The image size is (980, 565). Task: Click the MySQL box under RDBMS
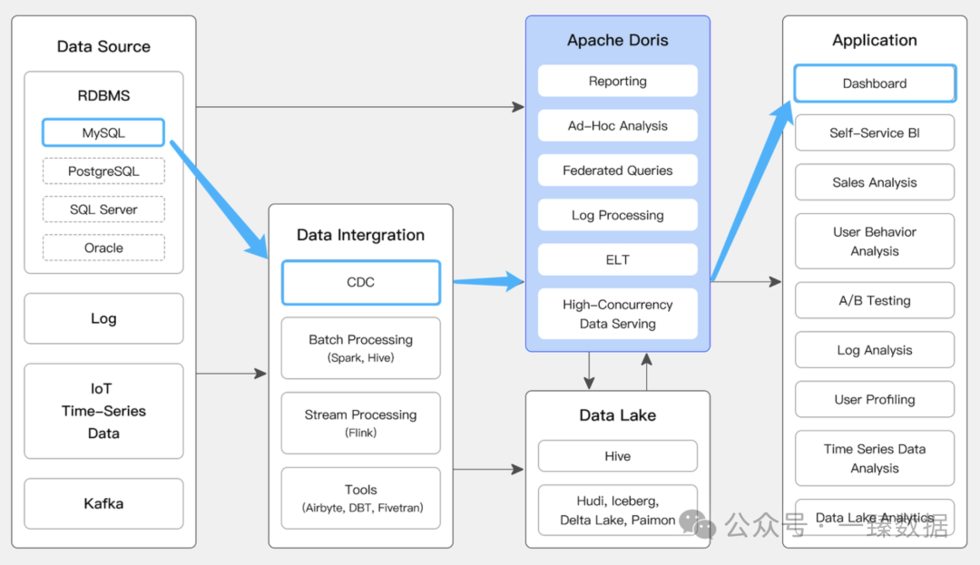(103, 132)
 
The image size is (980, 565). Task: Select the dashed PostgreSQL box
(103, 171)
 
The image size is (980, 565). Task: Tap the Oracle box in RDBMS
(103, 248)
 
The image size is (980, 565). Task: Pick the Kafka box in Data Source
(103, 504)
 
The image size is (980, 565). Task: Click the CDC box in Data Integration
(360, 282)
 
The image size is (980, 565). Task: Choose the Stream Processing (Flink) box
(360, 423)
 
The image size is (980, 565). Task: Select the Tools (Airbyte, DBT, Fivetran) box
(360, 498)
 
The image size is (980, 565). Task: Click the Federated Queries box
(618, 170)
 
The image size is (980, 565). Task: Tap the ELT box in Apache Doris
(618, 259)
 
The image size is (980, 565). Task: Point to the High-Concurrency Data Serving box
(618, 314)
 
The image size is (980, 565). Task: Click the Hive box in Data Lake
(618, 456)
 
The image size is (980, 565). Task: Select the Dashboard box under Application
(875, 83)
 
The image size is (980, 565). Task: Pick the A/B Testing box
(875, 300)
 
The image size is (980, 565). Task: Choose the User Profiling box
(875, 400)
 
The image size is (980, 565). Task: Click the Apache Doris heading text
(618, 40)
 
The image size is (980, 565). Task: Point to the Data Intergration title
(360, 235)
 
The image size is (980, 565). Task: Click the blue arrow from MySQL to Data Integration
(219, 200)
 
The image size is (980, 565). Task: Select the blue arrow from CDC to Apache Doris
(489, 281)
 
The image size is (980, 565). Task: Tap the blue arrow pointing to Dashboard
(752, 190)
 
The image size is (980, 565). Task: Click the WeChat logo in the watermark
(697, 523)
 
